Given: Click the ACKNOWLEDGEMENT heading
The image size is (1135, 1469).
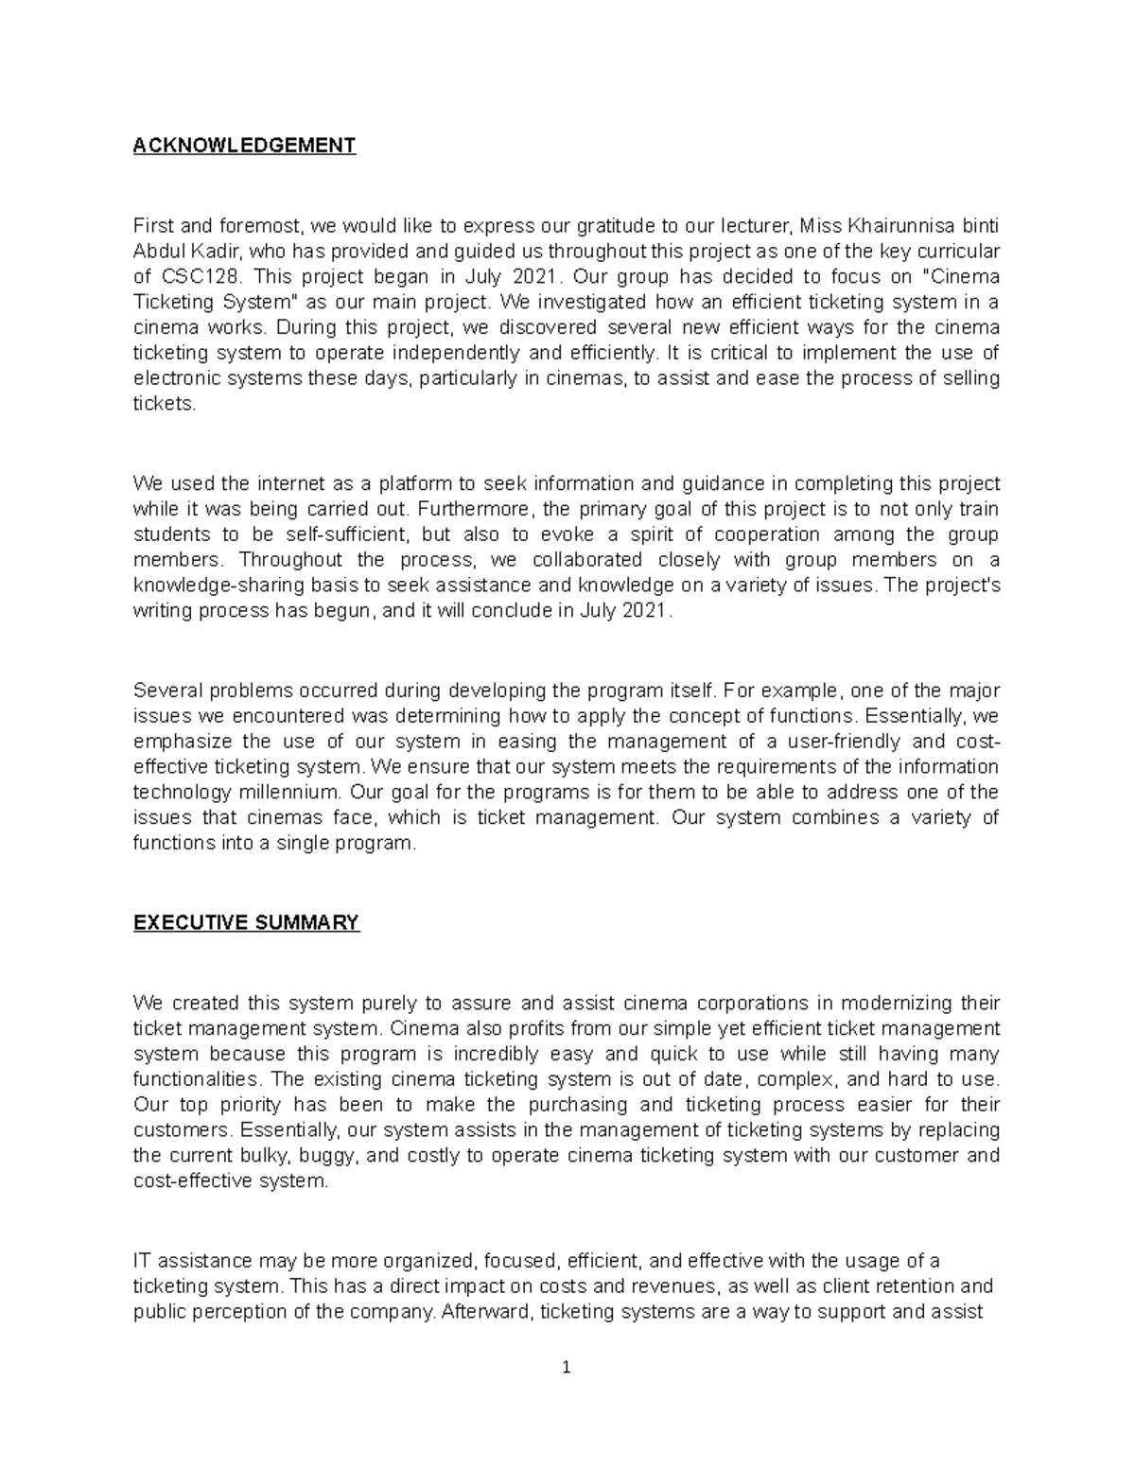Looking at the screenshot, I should click(244, 145).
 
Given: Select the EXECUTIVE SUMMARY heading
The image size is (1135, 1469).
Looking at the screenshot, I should click(246, 922).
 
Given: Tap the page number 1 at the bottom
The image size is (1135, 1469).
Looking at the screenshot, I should click(567, 1368).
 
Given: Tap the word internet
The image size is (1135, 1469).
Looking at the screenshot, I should click(268, 483).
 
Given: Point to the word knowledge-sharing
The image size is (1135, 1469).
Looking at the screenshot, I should click(215, 586).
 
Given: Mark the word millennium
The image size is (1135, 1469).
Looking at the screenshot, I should click(290, 793).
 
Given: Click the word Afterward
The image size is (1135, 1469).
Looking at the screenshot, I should click(484, 1312).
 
